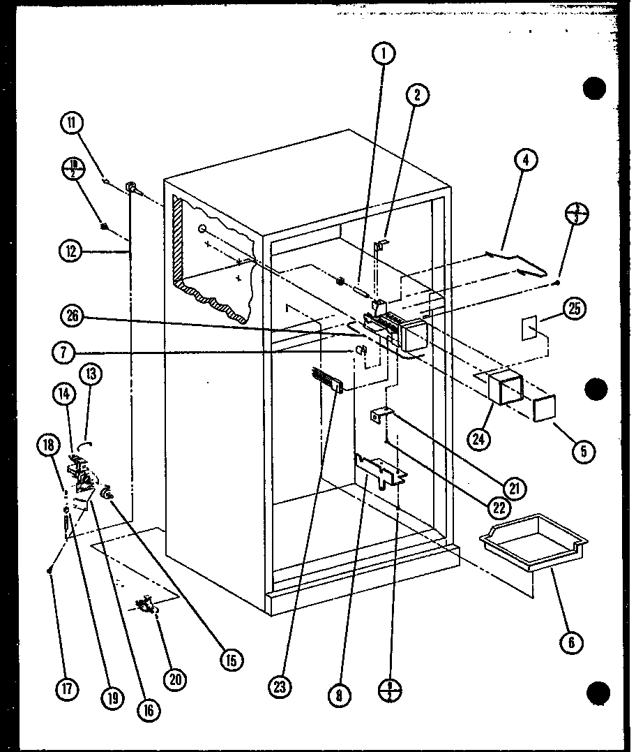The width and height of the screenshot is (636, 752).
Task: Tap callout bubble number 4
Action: pyautogui.click(x=526, y=160)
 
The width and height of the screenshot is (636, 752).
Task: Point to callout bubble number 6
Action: pyautogui.click(x=571, y=642)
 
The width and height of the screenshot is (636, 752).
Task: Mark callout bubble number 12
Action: pyautogui.click(x=72, y=251)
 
